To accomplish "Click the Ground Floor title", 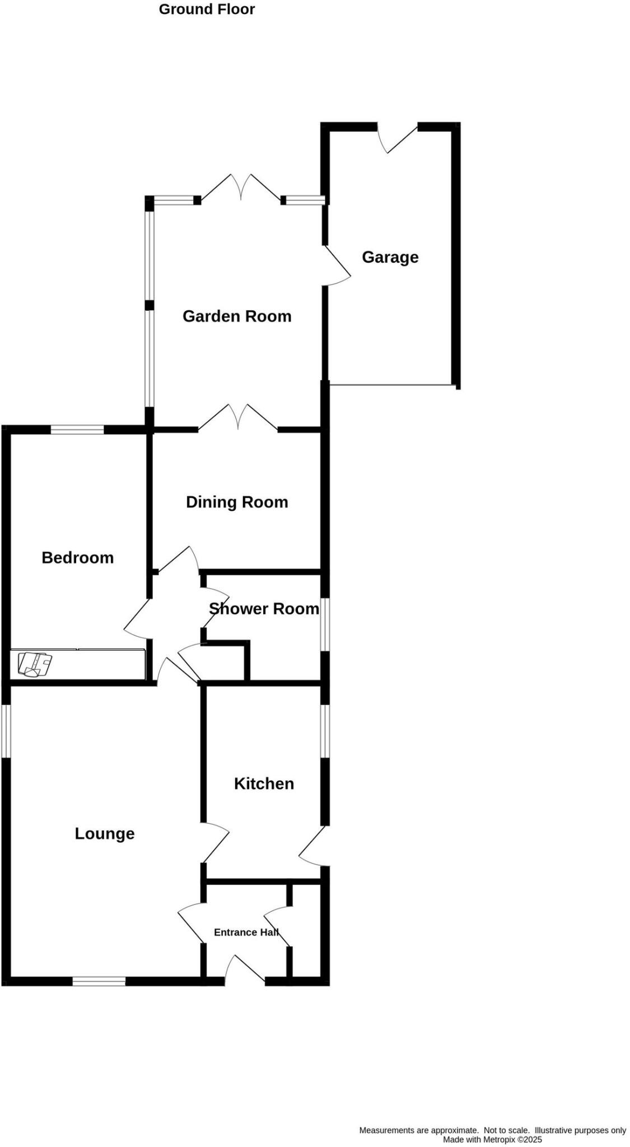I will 207,10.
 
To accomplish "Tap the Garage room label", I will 390,257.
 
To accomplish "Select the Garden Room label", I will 237,316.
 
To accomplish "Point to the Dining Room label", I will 237,502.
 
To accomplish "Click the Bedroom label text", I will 78,557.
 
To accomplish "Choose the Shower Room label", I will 264,609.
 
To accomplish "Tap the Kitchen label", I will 264,784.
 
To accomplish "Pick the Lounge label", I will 105,833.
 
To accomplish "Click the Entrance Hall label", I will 246,932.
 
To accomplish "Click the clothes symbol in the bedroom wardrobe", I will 35,664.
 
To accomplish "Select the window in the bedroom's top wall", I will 77,430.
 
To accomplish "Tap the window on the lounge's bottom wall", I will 99,981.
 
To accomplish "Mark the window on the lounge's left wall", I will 6,730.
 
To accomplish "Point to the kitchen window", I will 325,730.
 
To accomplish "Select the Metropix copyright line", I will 492,1140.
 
